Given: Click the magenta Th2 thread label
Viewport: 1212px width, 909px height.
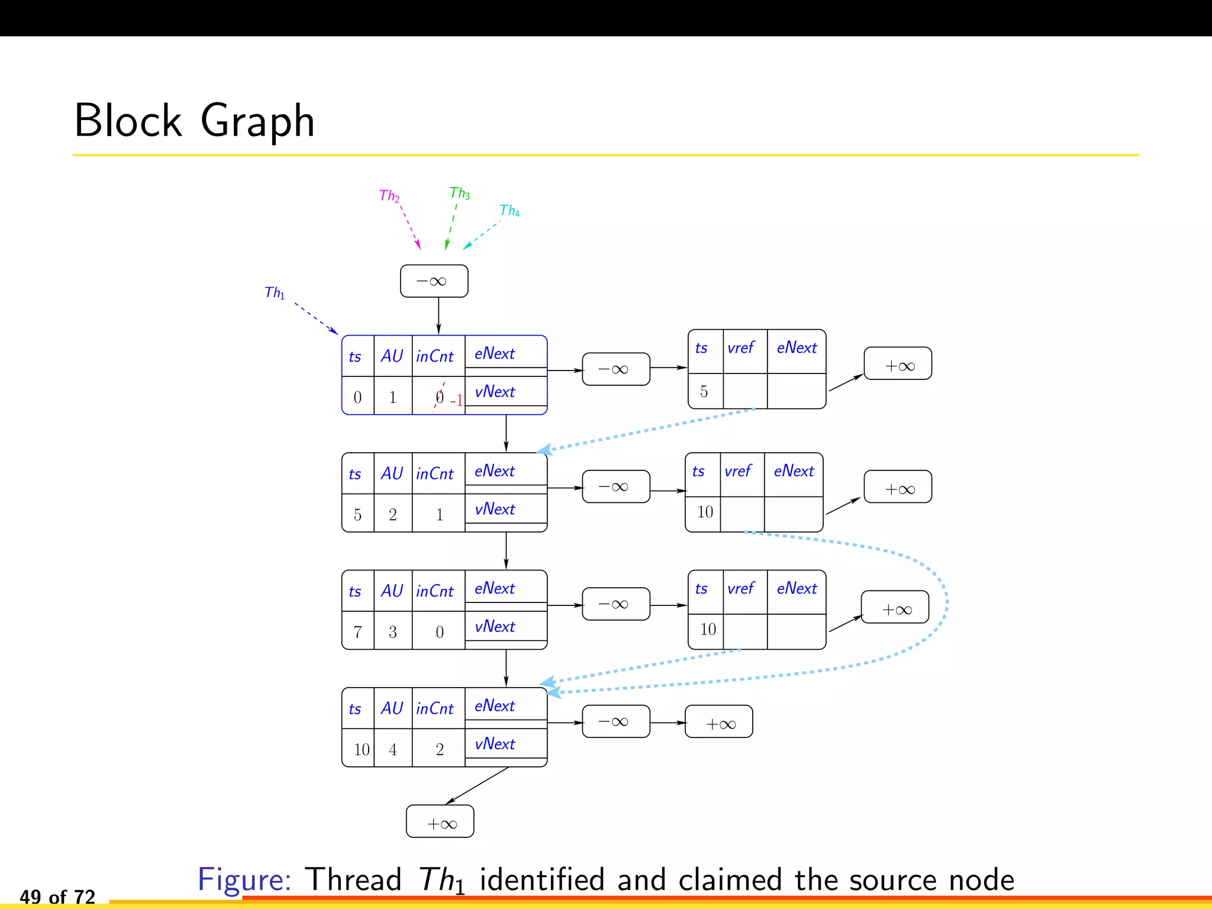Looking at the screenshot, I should coord(389,196).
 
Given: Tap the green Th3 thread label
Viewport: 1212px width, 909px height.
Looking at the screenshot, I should coord(459,193).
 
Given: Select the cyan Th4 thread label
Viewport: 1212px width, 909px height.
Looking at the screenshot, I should coord(509,211).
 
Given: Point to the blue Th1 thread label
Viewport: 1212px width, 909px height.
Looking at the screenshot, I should coord(275,292).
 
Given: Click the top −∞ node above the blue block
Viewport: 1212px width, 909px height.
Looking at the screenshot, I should coord(434,281).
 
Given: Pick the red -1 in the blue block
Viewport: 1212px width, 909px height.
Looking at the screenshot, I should coord(456,401).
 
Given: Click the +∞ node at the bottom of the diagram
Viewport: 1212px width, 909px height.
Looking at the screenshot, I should coord(440,821).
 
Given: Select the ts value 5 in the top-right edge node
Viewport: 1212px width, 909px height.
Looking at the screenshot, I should coord(704,391).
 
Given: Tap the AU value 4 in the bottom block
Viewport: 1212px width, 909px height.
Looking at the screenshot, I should coord(392,749).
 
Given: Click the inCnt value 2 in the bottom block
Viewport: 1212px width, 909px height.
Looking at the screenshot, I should coord(439,749).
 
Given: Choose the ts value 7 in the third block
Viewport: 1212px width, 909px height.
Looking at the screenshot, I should coord(357,632).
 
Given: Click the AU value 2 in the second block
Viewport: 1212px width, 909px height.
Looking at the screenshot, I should coord(392,514).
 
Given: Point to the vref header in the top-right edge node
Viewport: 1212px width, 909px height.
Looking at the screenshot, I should coord(741,348).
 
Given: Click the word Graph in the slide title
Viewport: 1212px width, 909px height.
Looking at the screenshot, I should coord(257,121).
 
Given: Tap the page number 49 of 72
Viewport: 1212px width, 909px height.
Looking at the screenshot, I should coord(57,897).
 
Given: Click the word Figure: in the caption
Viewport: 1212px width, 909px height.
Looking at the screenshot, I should coord(244,879).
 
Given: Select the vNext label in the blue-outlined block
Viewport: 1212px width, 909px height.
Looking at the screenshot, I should coord(495,392).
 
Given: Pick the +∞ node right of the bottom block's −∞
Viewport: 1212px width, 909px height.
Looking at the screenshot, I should coord(718,722).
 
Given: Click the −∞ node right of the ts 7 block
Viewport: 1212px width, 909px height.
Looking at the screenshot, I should coord(615,604).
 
